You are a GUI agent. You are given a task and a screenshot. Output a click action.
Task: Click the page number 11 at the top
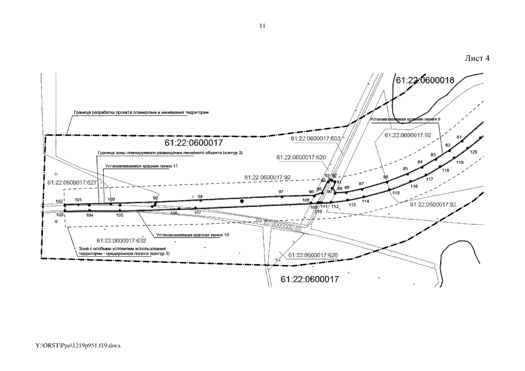pyautogui.click(x=262, y=26)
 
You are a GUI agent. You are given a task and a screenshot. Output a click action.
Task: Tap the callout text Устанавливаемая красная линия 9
pyautogui.click(x=405, y=119)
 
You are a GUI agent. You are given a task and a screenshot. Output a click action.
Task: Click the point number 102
pyautogui.click(x=59, y=201)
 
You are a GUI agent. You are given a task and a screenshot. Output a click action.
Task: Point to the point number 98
pyautogui.click(x=200, y=197)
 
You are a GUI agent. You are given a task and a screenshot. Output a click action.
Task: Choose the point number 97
pyautogui.click(x=281, y=191)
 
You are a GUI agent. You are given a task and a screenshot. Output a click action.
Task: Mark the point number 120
pyautogui.click(x=473, y=152)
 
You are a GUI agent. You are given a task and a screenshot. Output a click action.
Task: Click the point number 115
pyautogui.click(x=396, y=192)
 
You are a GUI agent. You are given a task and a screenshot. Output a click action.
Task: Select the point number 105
pyautogui.click(x=120, y=215)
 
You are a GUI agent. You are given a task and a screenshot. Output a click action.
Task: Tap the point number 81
pyautogui.click(x=459, y=137)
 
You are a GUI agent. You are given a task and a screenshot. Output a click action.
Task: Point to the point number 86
pyautogui.click(x=385, y=177)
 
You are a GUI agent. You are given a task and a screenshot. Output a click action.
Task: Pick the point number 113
pyautogui.click(x=352, y=205)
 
